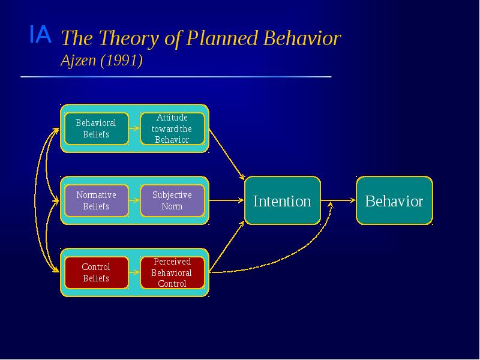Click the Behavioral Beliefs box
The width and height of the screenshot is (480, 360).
96,128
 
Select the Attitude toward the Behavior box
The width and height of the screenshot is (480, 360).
172,128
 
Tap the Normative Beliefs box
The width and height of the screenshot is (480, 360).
96,200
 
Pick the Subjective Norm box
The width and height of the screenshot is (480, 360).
172,200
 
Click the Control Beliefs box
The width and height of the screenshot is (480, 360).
96,272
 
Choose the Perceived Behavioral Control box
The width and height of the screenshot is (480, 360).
172,272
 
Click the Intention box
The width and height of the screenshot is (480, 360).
282,200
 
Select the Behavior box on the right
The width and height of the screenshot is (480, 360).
394,200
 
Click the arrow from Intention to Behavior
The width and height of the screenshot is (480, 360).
338,200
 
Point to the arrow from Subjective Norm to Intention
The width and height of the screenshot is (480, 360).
227,200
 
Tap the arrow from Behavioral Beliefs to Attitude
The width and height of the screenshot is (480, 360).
134,128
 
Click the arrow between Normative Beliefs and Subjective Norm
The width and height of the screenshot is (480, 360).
134,200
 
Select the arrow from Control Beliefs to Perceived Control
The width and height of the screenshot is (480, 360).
134,272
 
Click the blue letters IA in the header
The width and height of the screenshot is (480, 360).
40,35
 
